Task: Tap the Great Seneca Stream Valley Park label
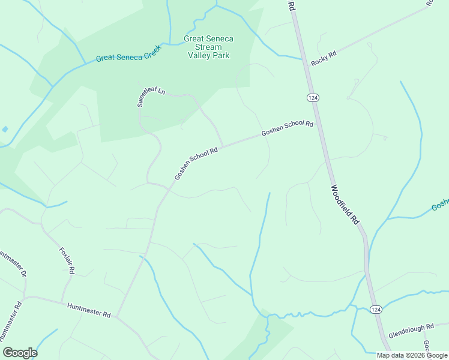click(x=208, y=47)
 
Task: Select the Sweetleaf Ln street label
click(x=151, y=96)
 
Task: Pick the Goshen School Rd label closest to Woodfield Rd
click(x=287, y=128)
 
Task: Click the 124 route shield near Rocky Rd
click(x=312, y=98)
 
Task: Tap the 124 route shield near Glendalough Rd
click(x=375, y=309)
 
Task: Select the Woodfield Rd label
click(x=345, y=205)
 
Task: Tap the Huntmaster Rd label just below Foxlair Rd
click(x=89, y=310)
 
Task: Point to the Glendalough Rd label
click(x=411, y=330)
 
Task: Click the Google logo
click(x=20, y=353)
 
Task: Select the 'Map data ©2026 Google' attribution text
click(x=412, y=355)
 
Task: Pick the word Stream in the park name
click(x=208, y=47)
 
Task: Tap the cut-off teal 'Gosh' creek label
click(x=440, y=205)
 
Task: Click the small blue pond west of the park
click(x=5, y=129)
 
